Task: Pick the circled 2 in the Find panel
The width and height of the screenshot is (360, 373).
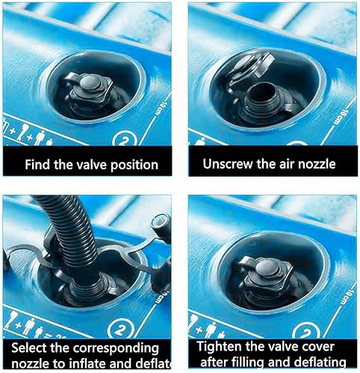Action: click(122, 139)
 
